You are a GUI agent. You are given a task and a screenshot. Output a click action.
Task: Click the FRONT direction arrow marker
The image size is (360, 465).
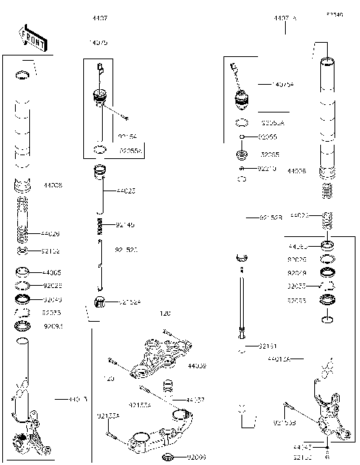(30, 36)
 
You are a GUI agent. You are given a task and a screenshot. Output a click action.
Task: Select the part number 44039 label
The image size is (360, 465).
(197, 366)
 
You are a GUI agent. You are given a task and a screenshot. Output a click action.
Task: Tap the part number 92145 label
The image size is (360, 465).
(126, 225)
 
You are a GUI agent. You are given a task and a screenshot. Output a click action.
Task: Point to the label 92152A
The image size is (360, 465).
(129, 302)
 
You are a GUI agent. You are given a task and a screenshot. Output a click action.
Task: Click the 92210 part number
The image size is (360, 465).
(268, 169)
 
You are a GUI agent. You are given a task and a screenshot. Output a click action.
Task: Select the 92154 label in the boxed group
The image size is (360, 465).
(127, 136)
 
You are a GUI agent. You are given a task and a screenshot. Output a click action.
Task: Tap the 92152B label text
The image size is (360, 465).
(271, 217)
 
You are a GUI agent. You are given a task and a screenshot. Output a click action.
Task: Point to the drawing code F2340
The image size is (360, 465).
(334, 15)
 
